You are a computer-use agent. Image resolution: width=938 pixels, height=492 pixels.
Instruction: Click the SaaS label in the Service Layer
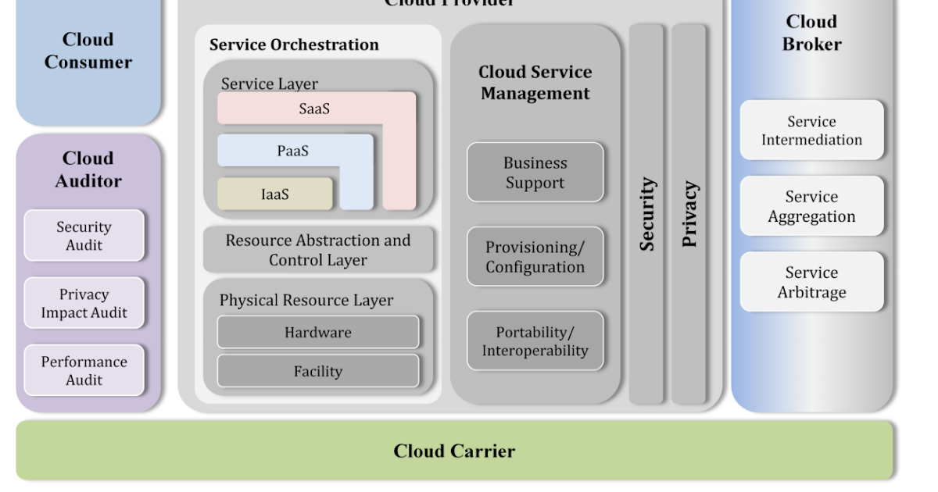[314, 109]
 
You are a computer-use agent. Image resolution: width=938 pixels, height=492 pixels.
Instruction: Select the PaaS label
[292, 151]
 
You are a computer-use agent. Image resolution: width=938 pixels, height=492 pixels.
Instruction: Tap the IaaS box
[274, 194]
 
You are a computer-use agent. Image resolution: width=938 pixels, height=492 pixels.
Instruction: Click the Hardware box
[317, 332]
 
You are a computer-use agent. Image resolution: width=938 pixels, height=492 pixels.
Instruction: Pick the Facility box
[317, 371]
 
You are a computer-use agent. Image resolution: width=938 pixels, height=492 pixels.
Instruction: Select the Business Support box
[535, 173]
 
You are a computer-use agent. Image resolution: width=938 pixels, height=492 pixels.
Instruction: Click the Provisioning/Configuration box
[535, 257]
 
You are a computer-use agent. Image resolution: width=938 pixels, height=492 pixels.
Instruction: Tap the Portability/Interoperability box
[535, 341]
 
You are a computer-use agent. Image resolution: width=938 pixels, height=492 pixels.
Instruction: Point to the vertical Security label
[646, 214]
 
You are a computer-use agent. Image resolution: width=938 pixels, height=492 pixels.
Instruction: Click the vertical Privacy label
[689, 214]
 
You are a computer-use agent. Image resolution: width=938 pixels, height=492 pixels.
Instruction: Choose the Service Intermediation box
[811, 130]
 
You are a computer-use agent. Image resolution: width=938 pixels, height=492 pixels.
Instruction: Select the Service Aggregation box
[811, 206]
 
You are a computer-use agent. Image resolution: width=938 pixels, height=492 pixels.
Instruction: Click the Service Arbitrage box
[811, 282]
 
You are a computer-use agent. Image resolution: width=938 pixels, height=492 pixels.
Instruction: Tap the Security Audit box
[84, 235]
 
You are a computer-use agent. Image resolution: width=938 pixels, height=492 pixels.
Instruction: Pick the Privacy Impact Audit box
[84, 303]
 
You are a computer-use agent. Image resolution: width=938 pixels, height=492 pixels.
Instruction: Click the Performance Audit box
[84, 370]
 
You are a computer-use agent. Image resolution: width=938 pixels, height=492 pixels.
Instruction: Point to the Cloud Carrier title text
[454, 451]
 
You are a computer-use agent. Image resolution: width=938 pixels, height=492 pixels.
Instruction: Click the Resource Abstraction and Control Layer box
[317, 250]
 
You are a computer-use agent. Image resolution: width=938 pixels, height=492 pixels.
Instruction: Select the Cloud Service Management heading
[535, 82]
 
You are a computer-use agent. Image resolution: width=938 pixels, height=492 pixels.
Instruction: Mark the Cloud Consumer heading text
[88, 50]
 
